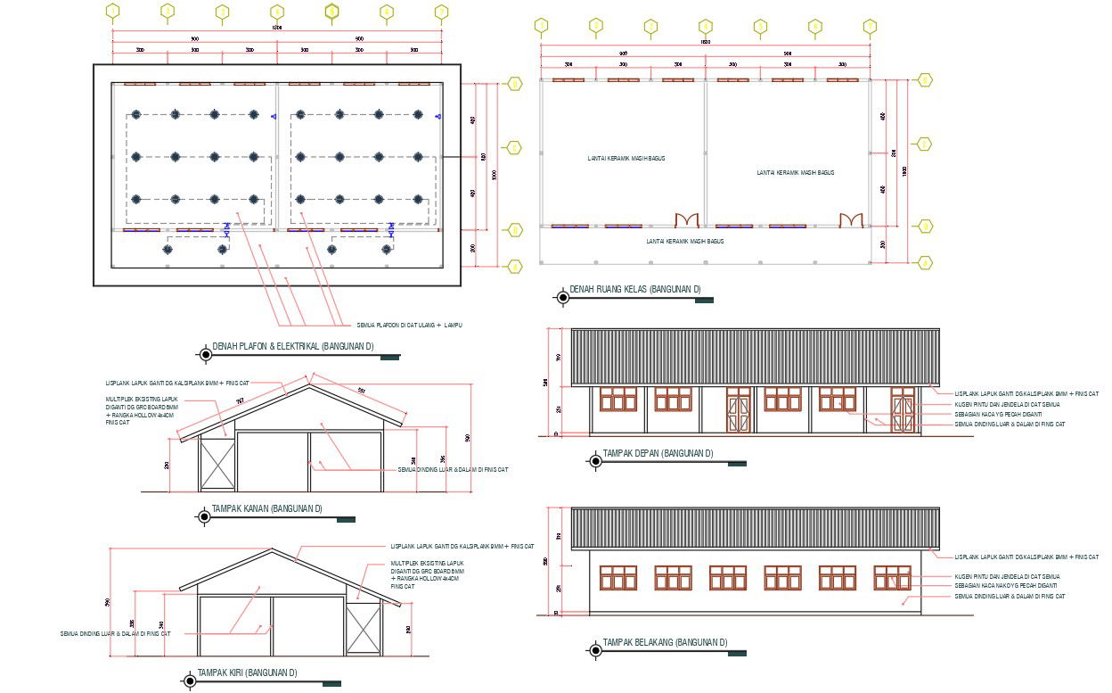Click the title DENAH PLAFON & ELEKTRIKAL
click(x=293, y=347)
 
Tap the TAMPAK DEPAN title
click(x=658, y=454)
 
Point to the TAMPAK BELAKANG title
click(x=665, y=642)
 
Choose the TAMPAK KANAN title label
click(x=266, y=509)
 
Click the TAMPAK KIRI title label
click(x=247, y=673)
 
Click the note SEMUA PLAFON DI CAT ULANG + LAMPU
click(x=409, y=325)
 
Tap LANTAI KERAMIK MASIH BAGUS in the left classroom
click(x=625, y=158)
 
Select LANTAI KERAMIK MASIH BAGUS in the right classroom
click(x=796, y=172)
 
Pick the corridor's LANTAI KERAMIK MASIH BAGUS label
click(x=684, y=241)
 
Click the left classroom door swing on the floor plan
click(x=686, y=219)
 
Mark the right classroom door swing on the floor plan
click(x=851, y=219)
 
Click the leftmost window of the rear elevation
click(x=618, y=577)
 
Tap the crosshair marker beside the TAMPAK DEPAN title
click(x=594, y=460)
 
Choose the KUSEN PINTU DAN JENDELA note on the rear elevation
click(x=1007, y=576)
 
